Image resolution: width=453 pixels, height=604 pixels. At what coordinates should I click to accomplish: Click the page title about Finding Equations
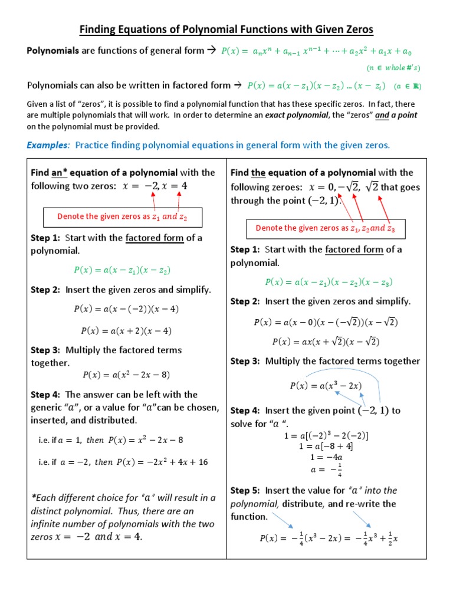click(226, 29)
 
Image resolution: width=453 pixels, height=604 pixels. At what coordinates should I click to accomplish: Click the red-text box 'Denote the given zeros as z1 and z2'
click(123, 216)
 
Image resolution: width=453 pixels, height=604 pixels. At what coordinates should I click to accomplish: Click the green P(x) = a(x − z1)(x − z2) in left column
click(122, 270)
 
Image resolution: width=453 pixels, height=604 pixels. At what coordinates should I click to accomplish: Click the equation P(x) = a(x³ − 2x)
click(326, 386)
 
